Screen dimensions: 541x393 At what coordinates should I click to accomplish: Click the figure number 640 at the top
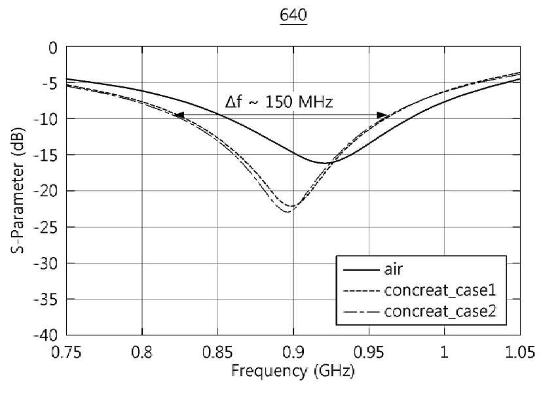click(x=293, y=16)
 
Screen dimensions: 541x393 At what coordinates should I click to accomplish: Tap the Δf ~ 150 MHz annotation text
click(x=279, y=102)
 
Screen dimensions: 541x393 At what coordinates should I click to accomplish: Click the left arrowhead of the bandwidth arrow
click(x=179, y=115)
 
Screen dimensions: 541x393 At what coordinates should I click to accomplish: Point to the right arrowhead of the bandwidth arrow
click(x=382, y=115)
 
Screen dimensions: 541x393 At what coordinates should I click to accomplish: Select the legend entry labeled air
click(x=394, y=269)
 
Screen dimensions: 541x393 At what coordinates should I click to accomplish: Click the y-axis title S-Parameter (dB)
click(x=18, y=190)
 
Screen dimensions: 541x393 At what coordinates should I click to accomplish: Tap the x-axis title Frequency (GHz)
click(x=293, y=371)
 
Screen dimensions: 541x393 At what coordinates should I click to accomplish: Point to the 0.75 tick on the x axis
click(x=66, y=352)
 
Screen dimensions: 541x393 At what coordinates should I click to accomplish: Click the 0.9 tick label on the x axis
click(x=293, y=352)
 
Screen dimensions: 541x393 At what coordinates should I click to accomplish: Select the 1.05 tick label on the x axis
click(x=520, y=352)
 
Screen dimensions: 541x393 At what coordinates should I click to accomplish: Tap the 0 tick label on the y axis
click(x=53, y=48)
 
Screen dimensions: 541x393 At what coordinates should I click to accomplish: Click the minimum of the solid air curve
click(x=325, y=163)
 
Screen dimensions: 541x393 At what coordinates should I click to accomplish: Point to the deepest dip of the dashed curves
click(x=288, y=211)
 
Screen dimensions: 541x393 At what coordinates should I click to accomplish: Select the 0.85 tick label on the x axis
click(x=217, y=352)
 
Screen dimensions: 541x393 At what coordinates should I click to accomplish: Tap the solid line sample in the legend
click(x=360, y=269)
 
